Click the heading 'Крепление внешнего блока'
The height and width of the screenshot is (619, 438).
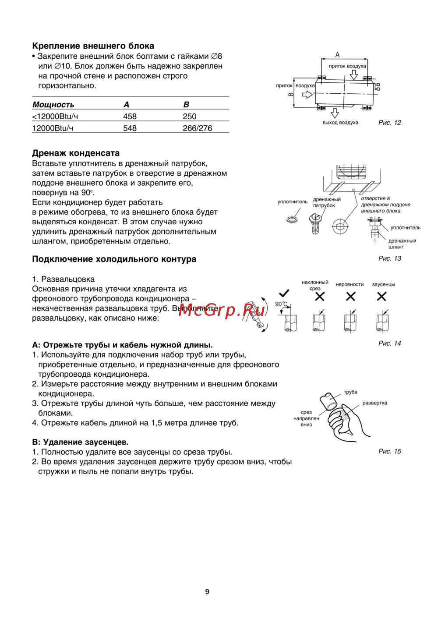pos(93,46)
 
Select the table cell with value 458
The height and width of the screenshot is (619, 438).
pos(130,117)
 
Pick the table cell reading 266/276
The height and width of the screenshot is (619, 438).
pos(197,128)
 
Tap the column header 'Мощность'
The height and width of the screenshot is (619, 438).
pos(53,105)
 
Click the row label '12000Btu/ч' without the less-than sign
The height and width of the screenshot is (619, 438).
pos(53,128)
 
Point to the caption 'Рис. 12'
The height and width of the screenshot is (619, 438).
pos(389,123)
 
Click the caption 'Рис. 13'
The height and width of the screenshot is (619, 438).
pos(389,258)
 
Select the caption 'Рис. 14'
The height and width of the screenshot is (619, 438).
pos(389,343)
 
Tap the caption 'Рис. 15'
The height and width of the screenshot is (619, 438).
pos(389,452)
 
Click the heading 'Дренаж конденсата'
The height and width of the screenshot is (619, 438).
pos(76,153)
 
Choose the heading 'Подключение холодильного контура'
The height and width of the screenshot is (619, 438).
pos(114,259)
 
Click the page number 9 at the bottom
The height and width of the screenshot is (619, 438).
pos(207,592)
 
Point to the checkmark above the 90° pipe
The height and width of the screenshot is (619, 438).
pos(284,293)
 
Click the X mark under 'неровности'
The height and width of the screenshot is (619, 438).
pos(350,297)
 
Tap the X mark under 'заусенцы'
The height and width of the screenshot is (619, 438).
pos(381,297)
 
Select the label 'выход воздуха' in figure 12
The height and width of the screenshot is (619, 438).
pos(340,123)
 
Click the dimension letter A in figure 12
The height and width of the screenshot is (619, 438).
pos(337,55)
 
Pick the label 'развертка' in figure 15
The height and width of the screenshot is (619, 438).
pos(374,403)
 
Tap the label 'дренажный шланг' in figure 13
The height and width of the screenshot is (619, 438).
pos(402,244)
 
